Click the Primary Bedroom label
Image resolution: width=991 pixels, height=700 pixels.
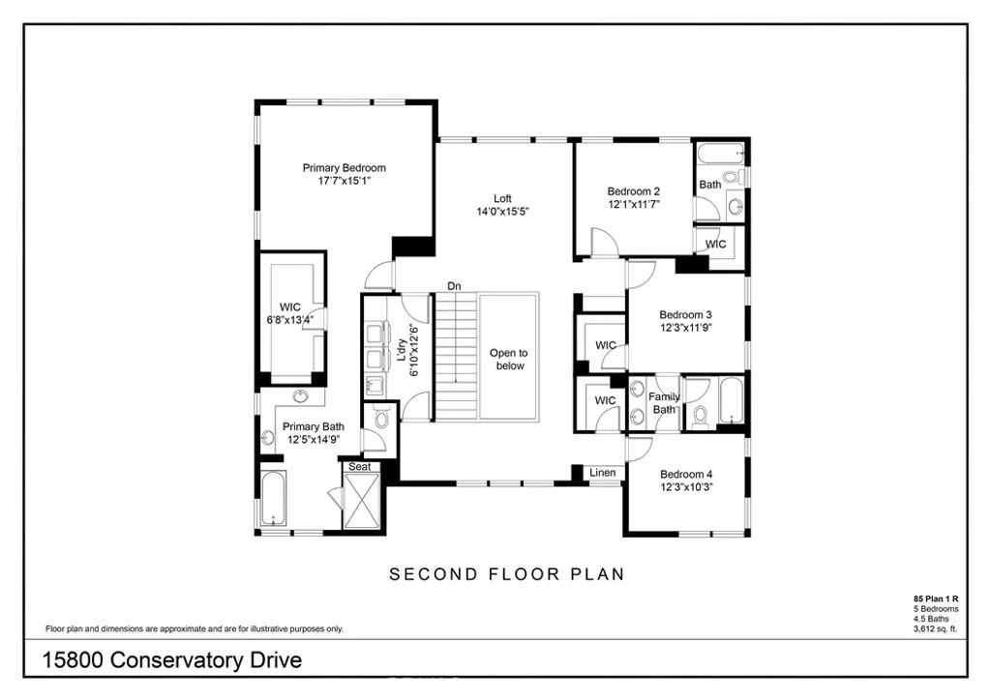click(344, 167)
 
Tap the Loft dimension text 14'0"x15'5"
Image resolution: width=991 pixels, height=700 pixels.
click(502, 211)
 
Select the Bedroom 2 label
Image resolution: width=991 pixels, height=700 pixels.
click(633, 191)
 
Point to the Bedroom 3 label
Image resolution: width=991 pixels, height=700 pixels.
click(685, 314)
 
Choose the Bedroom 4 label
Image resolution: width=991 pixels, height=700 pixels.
click(685, 474)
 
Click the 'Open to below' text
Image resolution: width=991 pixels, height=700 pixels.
click(509, 360)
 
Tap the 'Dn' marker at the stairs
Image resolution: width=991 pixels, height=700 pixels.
click(454, 285)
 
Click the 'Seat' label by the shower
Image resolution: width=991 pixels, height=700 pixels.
click(360, 466)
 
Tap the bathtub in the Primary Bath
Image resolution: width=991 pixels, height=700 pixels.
click(273, 500)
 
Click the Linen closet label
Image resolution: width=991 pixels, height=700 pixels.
click(602, 473)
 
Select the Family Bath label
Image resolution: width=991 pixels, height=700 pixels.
click(664, 403)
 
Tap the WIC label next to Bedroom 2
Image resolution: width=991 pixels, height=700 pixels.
click(715, 245)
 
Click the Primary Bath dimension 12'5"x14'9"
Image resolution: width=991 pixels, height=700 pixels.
click(313, 440)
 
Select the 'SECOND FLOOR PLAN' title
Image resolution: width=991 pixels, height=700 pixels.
click(506, 574)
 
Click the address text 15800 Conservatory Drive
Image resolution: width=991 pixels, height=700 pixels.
click(172, 660)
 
